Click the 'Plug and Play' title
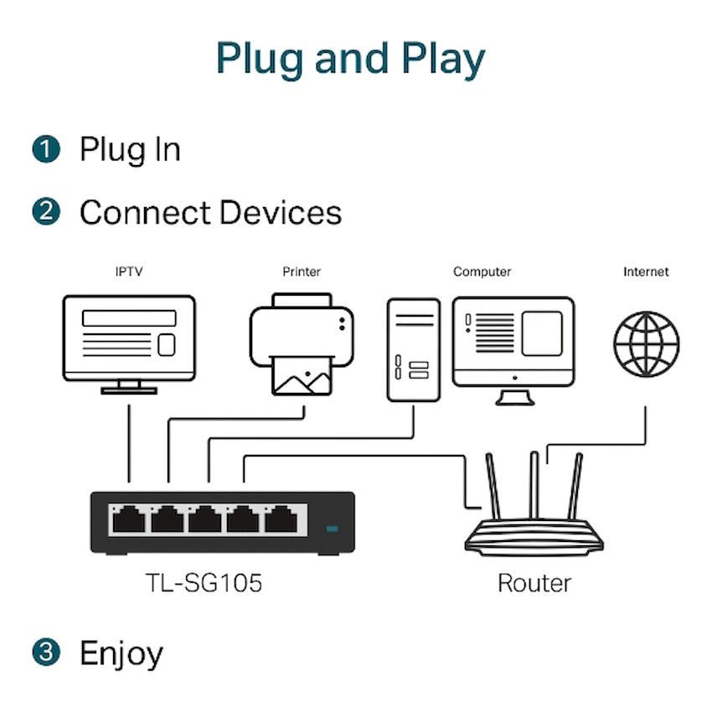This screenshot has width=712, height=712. click(x=350, y=59)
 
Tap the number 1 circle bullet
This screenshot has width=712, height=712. click(x=47, y=149)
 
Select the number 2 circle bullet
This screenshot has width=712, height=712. click(x=47, y=212)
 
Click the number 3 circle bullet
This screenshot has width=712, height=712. click(x=47, y=652)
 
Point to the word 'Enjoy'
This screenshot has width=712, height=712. click(x=121, y=653)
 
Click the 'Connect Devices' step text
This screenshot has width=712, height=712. click(x=210, y=213)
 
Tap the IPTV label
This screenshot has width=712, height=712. click(x=129, y=271)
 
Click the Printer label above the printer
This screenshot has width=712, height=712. click(x=302, y=271)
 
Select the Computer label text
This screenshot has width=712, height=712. click(x=482, y=271)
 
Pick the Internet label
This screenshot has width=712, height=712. click(x=646, y=271)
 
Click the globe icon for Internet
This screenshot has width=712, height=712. click(x=646, y=343)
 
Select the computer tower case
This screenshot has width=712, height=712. click(x=413, y=348)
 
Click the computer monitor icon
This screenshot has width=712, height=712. click(x=513, y=343)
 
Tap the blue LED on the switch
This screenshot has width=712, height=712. click(x=333, y=530)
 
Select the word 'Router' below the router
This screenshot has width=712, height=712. click(x=534, y=583)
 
